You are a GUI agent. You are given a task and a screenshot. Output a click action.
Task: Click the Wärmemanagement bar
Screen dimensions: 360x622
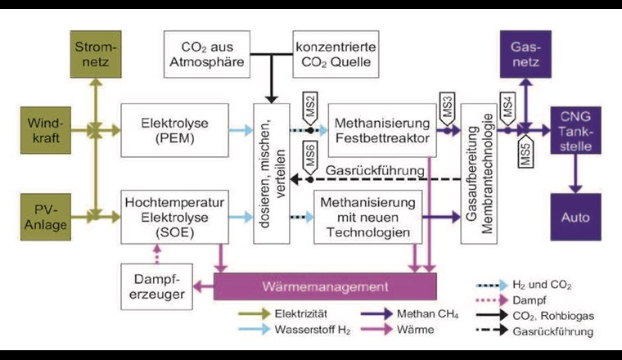(325, 288)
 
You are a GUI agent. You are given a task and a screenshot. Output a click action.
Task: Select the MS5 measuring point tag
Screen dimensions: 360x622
(526, 151)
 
